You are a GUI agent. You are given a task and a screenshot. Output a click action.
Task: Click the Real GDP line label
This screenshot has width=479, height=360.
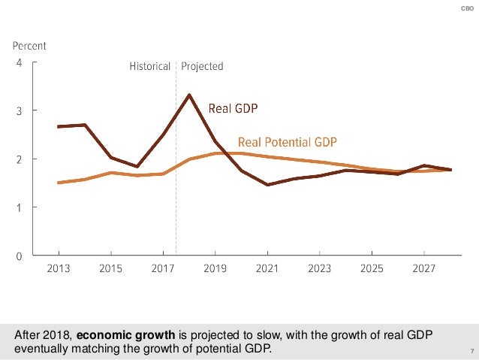click(233, 109)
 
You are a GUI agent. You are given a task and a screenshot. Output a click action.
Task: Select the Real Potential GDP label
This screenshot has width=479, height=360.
click(288, 142)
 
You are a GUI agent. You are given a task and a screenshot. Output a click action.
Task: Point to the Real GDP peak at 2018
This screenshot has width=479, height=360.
click(189, 95)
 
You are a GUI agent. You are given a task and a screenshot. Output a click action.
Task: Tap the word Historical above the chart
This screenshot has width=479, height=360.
click(149, 66)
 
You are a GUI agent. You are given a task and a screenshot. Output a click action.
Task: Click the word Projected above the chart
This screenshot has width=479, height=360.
click(202, 66)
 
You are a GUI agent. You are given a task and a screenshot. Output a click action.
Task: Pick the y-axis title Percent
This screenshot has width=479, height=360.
click(29, 46)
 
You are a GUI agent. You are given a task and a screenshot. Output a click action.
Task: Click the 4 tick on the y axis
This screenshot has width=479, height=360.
click(20, 62)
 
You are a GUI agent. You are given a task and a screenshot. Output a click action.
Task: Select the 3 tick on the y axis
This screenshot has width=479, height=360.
click(20, 110)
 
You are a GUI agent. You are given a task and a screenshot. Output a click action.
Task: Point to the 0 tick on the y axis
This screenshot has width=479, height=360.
click(20, 256)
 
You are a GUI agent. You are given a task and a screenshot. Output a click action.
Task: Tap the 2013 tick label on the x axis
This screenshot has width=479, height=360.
click(59, 269)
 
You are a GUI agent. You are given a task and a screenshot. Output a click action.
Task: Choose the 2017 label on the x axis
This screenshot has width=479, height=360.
click(163, 269)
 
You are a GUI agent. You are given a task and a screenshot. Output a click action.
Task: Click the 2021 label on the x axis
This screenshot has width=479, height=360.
click(267, 269)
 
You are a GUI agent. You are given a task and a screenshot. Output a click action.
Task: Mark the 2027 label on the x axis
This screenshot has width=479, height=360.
click(424, 269)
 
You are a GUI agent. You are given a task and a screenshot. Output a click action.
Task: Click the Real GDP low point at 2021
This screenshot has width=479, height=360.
click(267, 184)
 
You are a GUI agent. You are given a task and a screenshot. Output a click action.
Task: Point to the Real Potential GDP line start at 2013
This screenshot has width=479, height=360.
click(59, 183)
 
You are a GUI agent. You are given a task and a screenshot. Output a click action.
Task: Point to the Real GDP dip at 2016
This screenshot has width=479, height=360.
click(137, 166)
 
